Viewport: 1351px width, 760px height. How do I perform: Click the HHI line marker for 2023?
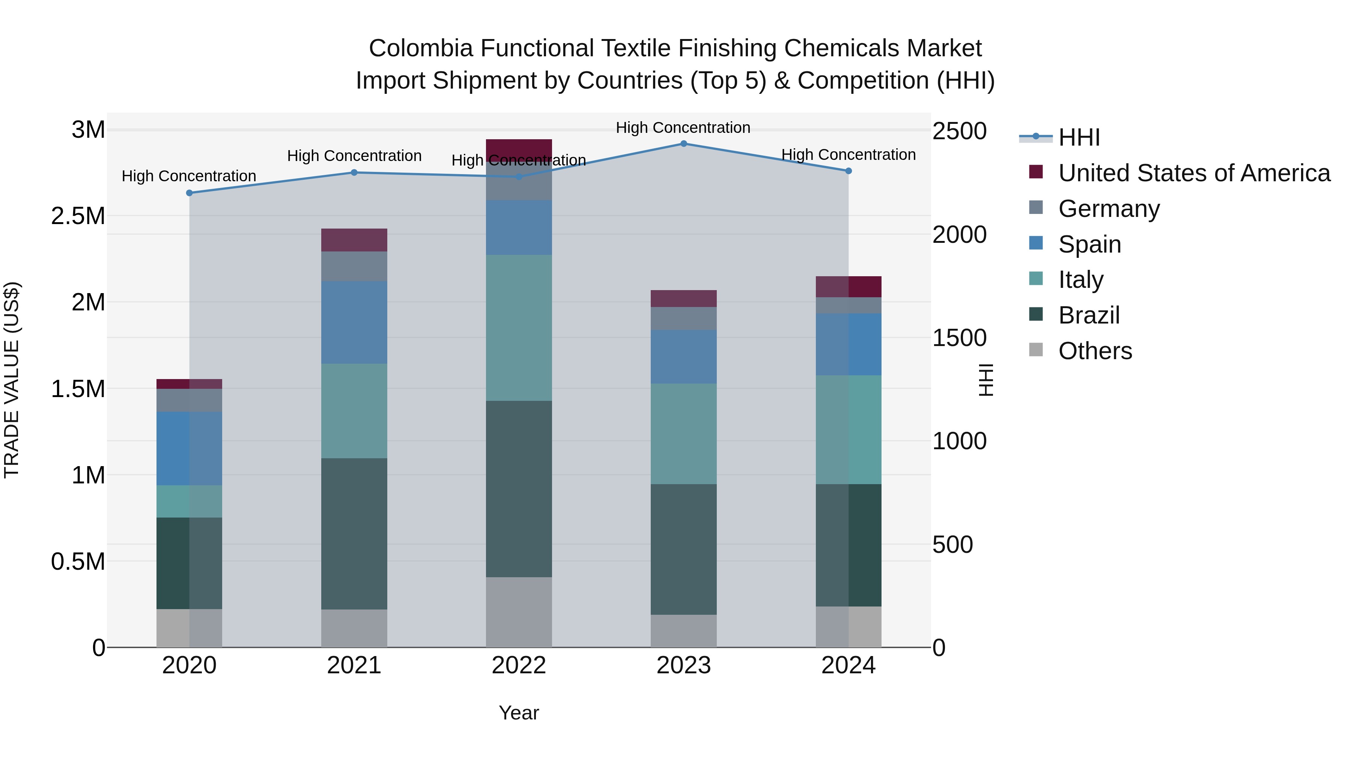[683, 143]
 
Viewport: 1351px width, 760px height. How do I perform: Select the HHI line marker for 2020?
[190, 193]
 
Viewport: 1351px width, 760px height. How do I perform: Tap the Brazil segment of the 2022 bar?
[519, 489]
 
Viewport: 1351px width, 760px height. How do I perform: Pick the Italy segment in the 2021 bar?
[354, 411]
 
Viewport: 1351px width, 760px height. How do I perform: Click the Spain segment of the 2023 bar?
[683, 357]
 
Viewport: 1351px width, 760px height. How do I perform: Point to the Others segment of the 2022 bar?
[519, 612]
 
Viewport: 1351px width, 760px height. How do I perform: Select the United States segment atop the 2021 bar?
[354, 240]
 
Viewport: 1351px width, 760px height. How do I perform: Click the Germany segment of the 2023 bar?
[683, 318]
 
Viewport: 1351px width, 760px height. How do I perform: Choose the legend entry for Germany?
[1109, 209]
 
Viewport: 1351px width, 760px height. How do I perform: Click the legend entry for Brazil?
[1089, 315]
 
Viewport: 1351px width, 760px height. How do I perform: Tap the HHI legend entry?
[1079, 137]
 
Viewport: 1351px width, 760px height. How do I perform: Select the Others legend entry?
[1095, 351]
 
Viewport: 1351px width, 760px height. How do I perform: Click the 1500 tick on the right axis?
[959, 338]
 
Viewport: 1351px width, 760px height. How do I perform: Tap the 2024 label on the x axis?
[848, 665]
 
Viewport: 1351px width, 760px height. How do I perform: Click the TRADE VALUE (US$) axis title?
[12, 380]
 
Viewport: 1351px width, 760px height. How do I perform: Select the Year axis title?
[519, 713]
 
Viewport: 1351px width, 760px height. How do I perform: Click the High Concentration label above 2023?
[683, 128]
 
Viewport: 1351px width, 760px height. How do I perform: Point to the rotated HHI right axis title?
[986, 380]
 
